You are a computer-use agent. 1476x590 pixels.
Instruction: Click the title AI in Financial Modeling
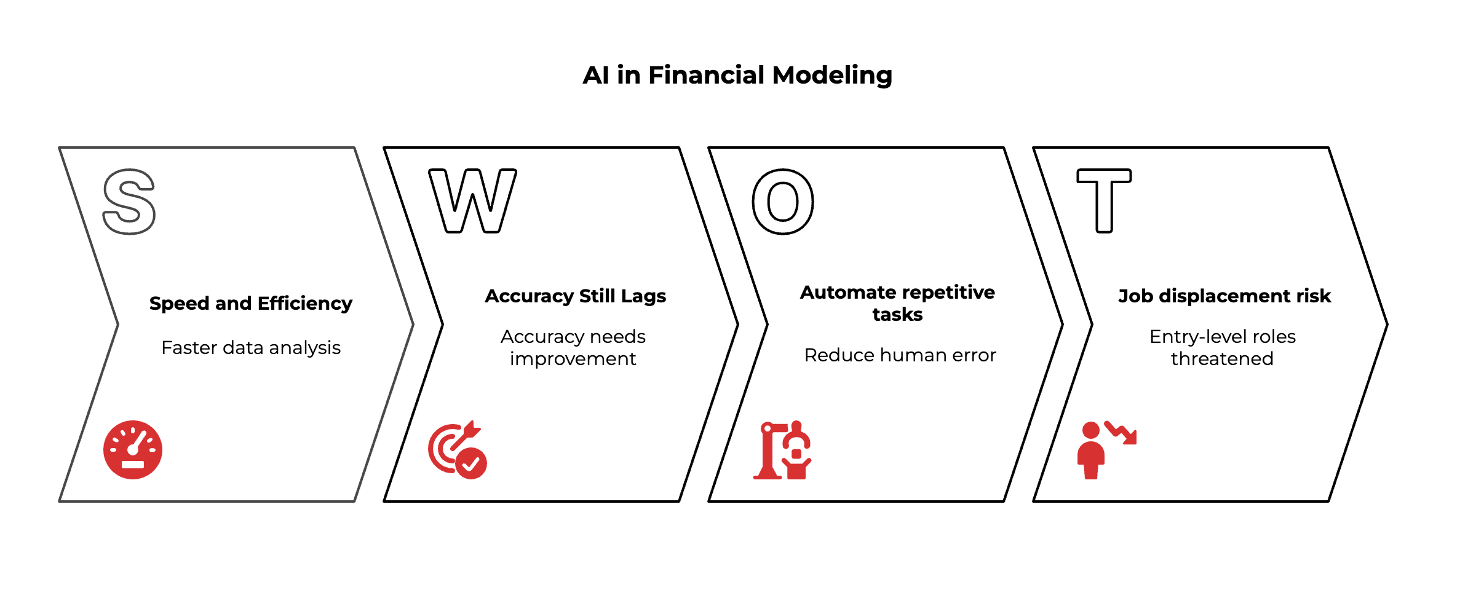tap(737, 76)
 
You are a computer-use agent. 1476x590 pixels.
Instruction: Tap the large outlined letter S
tap(129, 202)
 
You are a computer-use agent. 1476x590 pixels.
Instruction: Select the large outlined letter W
tap(472, 202)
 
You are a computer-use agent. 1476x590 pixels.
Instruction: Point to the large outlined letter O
tap(783, 202)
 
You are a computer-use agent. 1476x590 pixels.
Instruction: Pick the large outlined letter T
tap(1104, 200)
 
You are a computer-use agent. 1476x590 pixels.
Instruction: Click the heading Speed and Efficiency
tap(251, 304)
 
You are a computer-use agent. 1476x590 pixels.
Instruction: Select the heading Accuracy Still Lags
tap(575, 296)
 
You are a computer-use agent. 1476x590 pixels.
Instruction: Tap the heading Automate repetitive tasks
tap(897, 303)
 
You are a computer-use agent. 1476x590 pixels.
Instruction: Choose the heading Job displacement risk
tap(1224, 296)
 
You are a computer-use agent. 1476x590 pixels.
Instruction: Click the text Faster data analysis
tap(251, 348)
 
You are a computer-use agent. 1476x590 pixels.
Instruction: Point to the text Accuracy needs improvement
tap(573, 347)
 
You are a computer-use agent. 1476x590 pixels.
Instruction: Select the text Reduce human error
tap(900, 355)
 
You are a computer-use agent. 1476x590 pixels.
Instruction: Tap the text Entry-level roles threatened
tap(1222, 347)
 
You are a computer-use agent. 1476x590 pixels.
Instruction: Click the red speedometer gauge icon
tap(133, 450)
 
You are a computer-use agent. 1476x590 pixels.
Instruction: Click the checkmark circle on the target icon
tap(472, 463)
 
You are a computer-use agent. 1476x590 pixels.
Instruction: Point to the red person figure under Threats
tap(1091, 452)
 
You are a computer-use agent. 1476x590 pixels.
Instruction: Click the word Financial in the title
tap(707, 76)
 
